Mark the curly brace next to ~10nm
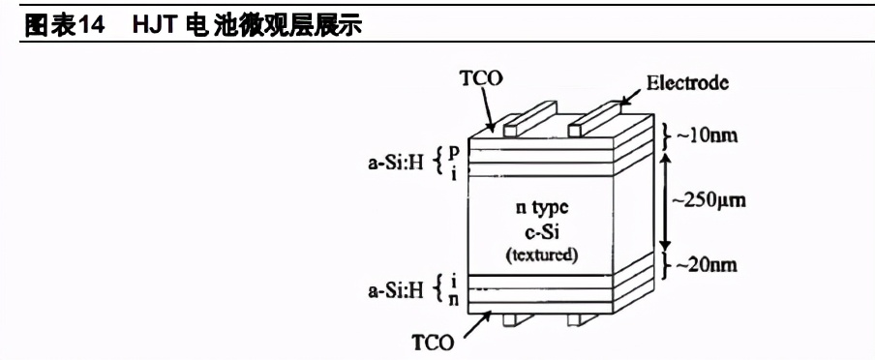coord(668,135)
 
